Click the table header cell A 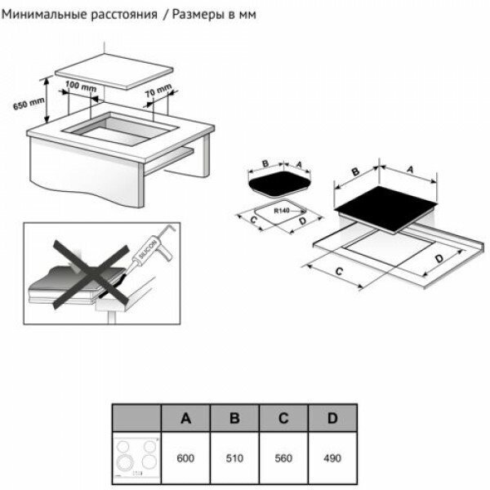click(x=185, y=419)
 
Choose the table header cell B click(x=234, y=419)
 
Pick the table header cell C click(x=283, y=419)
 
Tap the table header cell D click(x=332, y=419)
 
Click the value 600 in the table click(x=185, y=458)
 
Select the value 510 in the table click(x=234, y=458)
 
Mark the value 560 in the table click(x=283, y=458)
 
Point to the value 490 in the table click(x=332, y=458)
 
